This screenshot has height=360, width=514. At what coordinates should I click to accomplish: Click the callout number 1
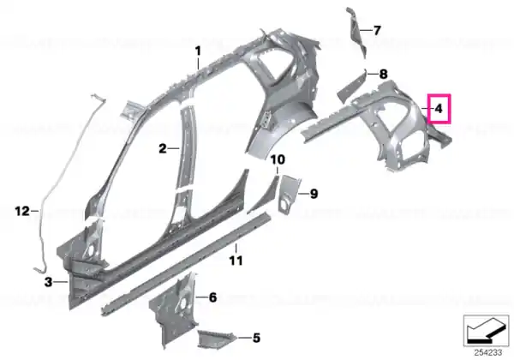[198, 51]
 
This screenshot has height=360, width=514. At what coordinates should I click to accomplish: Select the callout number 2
[163, 148]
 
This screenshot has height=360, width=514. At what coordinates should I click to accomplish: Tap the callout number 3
[48, 282]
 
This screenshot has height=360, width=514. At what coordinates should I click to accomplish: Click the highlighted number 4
[439, 108]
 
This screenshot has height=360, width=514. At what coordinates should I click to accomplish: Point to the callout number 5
[256, 338]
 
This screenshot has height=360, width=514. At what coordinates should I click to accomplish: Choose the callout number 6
[212, 297]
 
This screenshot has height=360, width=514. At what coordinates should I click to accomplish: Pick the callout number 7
[377, 31]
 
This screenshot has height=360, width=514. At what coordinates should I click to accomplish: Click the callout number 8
[383, 74]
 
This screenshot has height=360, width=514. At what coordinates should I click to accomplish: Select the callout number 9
[314, 194]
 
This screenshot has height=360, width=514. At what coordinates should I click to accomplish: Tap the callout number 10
[278, 159]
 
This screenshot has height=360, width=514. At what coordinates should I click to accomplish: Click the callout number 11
[236, 261]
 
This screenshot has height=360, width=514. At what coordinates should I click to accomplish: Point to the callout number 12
[22, 211]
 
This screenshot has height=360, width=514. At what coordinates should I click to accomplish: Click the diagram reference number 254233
[487, 353]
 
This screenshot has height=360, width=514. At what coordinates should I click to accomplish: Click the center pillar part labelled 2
[186, 147]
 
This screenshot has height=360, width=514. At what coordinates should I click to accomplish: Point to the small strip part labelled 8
[351, 87]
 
